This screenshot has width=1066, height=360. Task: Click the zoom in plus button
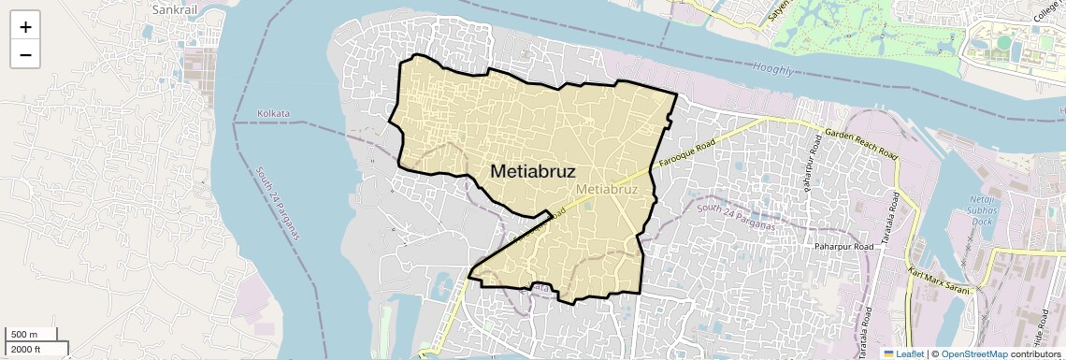(25, 27)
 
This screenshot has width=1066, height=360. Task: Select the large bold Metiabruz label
(532, 172)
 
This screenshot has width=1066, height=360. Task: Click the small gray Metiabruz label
(607, 189)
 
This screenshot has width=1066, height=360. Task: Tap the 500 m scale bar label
(24, 335)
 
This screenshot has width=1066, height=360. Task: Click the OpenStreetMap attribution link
(973, 354)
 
